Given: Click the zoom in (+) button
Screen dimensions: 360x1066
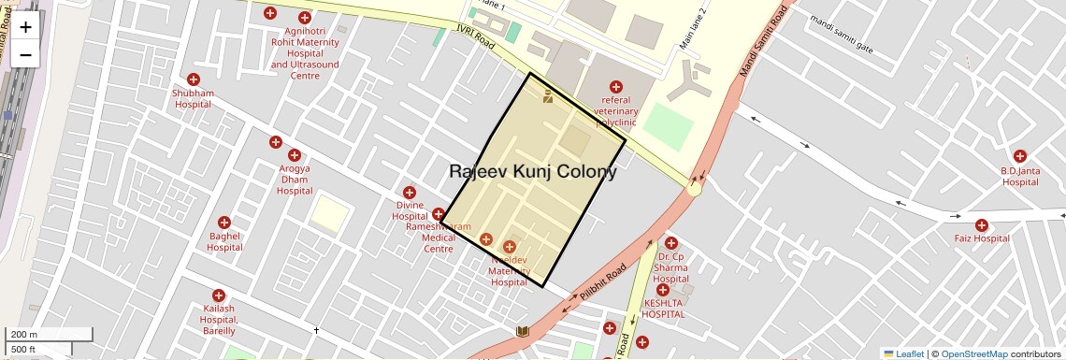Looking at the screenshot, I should pyautogui.click(x=25, y=28).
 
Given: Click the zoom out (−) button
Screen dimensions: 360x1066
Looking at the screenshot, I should pyautogui.click(x=25, y=55).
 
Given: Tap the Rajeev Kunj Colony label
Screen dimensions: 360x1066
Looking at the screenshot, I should pyautogui.click(x=533, y=172).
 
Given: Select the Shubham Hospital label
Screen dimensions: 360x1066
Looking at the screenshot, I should pyautogui.click(x=193, y=99).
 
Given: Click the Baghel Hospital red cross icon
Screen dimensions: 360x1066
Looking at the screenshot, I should pyautogui.click(x=224, y=223).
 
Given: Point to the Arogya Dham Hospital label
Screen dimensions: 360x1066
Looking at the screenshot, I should pyautogui.click(x=295, y=180).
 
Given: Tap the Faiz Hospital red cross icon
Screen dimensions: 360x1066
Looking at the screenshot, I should pyautogui.click(x=981, y=225).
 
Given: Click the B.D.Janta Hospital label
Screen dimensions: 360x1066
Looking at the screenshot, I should pyautogui.click(x=1020, y=176).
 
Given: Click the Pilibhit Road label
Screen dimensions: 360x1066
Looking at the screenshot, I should pyautogui.click(x=602, y=283).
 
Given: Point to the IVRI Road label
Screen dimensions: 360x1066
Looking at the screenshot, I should pyautogui.click(x=475, y=37).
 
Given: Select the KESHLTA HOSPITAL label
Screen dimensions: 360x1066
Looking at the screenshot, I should pyautogui.click(x=663, y=309).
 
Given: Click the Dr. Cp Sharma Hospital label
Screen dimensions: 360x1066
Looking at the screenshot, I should pyautogui.click(x=670, y=267).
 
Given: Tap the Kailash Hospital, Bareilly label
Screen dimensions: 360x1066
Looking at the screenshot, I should pyautogui.click(x=219, y=319).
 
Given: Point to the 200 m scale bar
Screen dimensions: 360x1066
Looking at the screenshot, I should pyautogui.click(x=50, y=335).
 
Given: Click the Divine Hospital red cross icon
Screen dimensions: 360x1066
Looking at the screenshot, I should pyautogui.click(x=410, y=193).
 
